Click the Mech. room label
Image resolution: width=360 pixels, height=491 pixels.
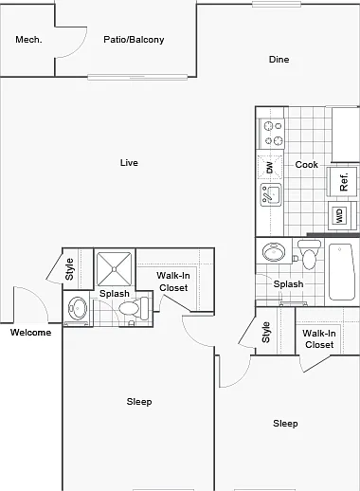click(28, 40)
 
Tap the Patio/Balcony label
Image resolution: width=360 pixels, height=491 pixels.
click(134, 40)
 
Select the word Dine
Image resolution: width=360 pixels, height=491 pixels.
click(279, 60)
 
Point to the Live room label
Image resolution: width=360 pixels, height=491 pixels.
click(129, 163)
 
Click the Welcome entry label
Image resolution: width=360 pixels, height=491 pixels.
click(30, 333)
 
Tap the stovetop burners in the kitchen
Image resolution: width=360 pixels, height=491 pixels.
click(272, 134)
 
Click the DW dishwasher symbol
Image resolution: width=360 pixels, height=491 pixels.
click(270, 167)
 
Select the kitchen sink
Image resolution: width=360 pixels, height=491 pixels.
click(271, 194)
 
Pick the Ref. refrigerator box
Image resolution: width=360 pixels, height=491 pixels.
click(342, 182)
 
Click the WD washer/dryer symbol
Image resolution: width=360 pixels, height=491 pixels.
click(340, 215)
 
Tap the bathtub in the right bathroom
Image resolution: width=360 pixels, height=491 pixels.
click(341, 272)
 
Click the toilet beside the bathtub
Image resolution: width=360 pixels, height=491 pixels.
click(309, 254)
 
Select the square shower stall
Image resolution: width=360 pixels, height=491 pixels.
click(114, 269)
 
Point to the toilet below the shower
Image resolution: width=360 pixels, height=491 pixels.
click(134, 308)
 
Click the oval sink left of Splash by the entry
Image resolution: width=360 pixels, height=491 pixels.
click(78, 308)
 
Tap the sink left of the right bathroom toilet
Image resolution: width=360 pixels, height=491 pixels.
click(274, 252)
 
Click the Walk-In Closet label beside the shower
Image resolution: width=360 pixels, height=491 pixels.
click(173, 282)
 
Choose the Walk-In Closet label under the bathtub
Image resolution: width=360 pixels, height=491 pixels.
click(319, 338)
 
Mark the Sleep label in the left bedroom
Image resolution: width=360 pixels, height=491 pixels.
click(139, 402)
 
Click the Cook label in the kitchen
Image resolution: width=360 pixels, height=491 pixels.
click(306, 165)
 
